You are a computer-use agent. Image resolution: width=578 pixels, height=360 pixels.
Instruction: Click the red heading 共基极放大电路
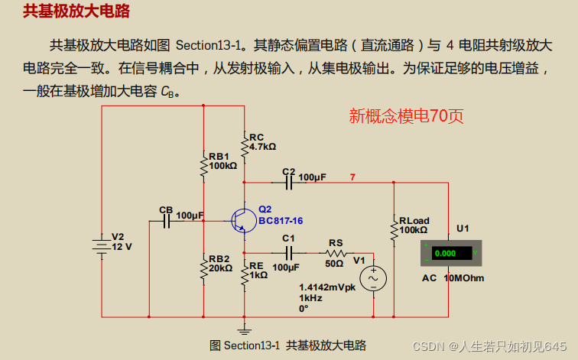point(76,11)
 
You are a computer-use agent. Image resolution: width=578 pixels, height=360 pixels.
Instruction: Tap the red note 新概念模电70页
point(406,116)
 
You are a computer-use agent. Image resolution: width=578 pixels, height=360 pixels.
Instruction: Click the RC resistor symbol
point(245,144)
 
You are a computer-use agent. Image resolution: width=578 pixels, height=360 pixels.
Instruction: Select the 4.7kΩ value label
point(263,146)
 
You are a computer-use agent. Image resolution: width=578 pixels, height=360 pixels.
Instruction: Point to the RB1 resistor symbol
point(203,164)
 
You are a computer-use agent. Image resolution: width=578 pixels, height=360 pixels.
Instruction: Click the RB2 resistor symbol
point(203,268)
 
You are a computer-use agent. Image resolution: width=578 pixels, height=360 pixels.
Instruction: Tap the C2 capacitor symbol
point(289,183)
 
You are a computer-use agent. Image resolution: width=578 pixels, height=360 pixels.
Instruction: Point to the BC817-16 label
point(280,221)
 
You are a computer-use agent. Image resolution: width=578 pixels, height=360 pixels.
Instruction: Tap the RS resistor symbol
point(336,252)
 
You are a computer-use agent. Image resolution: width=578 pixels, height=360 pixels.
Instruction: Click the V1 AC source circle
point(373,279)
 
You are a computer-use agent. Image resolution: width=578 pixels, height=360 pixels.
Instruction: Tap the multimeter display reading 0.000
point(444,252)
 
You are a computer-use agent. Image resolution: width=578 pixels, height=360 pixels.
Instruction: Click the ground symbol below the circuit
point(245,330)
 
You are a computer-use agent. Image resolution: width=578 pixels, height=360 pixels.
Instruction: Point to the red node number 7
point(352,177)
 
